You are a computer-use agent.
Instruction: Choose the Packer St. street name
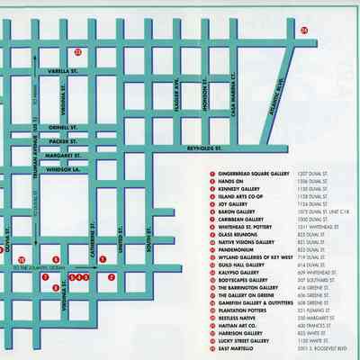coord(65,141)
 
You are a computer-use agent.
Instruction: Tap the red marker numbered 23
coord(78,51)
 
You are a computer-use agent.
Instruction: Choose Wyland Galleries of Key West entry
coord(256,256)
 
